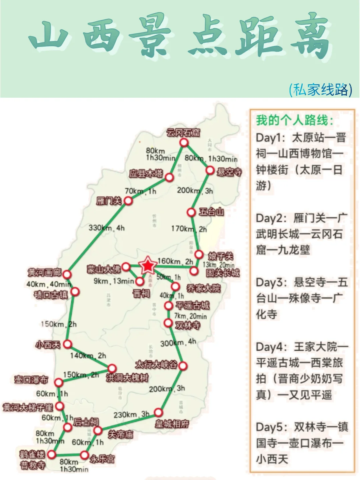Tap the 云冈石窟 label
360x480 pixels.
click(183, 133)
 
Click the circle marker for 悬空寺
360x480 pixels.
click(210, 170)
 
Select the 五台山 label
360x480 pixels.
click(211, 212)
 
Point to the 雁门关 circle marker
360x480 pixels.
click(128, 200)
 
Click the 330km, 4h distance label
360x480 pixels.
click(106, 228)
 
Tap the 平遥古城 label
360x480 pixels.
click(193, 305)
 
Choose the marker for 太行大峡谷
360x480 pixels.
click(183, 366)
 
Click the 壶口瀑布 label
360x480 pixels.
click(31, 379)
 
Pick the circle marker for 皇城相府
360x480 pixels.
click(158, 413)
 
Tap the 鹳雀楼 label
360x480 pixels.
click(32, 454)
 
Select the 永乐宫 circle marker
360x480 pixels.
click(84, 455)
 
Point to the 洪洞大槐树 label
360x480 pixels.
click(127, 378)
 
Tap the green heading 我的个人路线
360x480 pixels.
click(294, 120)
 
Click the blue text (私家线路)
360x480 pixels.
click(320, 89)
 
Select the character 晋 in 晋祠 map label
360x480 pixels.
click(137, 294)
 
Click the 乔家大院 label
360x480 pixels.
click(204, 288)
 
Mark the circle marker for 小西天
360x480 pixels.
click(67, 344)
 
